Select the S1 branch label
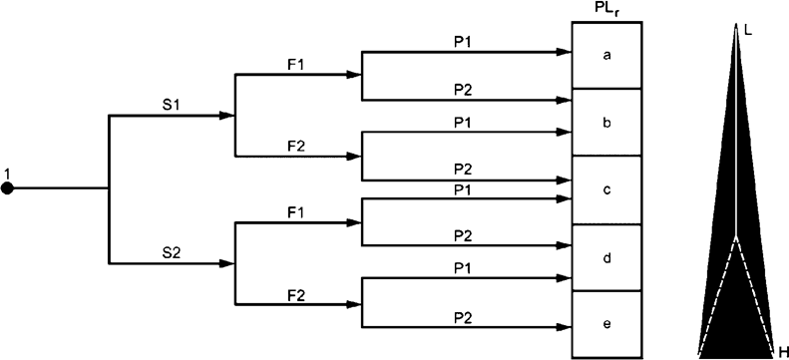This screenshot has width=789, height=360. pyautogui.click(x=172, y=104)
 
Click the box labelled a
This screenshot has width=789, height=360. pyautogui.click(x=606, y=55)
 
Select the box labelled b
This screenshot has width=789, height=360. pyautogui.click(x=606, y=122)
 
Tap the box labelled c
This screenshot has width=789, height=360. pyautogui.click(x=606, y=189)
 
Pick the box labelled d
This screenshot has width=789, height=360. pyautogui.click(x=606, y=257)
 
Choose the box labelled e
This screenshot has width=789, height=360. pyautogui.click(x=606, y=324)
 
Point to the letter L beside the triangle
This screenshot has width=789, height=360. pyautogui.click(x=748, y=30)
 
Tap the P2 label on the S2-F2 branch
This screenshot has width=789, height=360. pyautogui.click(x=462, y=316)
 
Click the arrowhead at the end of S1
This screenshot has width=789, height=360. pyautogui.click(x=226, y=116)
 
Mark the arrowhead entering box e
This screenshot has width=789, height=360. pyautogui.click(x=566, y=328)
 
